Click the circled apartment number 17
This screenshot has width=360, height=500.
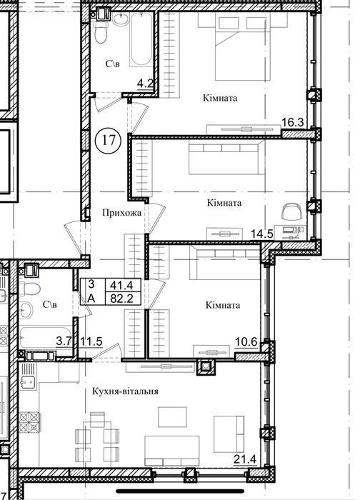coord(109,140)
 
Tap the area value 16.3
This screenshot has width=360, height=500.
coord(293,122)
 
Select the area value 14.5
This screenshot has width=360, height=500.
coord(262,234)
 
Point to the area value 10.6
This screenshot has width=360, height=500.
coord(246,342)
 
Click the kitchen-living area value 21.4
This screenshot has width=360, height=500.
coord(245,459)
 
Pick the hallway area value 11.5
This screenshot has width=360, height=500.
coord(91,341)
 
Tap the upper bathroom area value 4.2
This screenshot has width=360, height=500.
coord(146,84)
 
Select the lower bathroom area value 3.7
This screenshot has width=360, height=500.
coord(64,341)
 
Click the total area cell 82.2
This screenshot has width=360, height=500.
coord(121,299)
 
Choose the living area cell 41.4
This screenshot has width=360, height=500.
coord(121,284)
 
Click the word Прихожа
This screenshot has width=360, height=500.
coord(122,213)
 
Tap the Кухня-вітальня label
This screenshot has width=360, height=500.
coord(125,391)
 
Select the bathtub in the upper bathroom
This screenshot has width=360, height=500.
coord(141,40)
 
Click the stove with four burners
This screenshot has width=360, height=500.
coord(29,422)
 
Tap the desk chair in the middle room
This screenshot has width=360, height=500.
coord(291,211)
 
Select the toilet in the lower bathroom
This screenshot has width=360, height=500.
coord(29,289)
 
